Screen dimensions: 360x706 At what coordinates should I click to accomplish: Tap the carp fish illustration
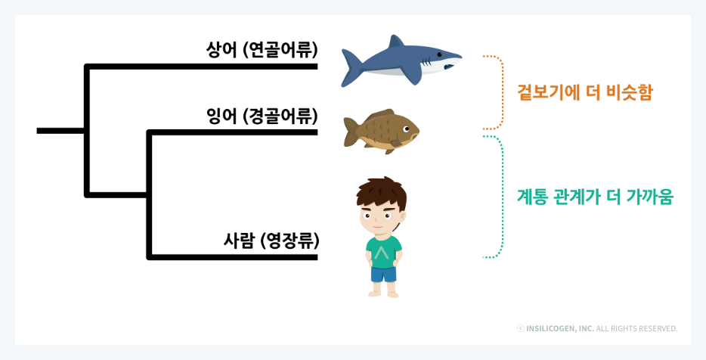(380, 131)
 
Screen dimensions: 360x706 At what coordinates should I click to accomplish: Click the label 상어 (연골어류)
(262, 51)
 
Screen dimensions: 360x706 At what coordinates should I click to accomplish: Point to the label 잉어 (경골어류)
(262, 117)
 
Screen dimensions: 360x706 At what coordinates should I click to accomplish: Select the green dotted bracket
(499, 197)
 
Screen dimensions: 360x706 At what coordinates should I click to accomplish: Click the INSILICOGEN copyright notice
(596, 329)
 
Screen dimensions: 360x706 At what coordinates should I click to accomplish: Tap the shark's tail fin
(352, 67)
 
